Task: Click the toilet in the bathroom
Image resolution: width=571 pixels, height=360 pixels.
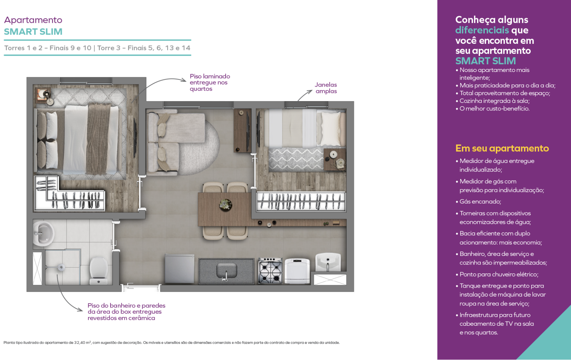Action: (x=99, y=271)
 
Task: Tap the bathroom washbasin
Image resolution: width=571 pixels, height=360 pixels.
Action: (x=43, y=233)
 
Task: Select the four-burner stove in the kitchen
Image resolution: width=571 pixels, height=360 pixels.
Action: (x=270, y=271)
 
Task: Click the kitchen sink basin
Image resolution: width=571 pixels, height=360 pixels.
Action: (x=226, y=270)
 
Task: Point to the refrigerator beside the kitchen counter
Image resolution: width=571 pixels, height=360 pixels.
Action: (x=179, y=268)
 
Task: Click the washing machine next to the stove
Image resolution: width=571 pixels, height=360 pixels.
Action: (x=297, y=271)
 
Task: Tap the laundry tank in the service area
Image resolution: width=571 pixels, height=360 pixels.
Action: (x=328, y=262)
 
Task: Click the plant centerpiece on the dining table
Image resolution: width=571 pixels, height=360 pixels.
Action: (x=226, y=205)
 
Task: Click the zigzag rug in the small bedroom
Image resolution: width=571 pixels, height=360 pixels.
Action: (x=296, y=160)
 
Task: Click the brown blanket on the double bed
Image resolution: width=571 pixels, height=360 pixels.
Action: (x=99, y=139)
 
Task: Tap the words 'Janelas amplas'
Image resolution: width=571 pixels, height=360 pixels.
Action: (x=326, y=88)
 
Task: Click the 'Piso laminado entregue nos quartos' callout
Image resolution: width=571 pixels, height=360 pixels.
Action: (x=210, y=83)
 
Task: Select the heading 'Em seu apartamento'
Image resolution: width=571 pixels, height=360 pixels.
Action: (x=502, y=148)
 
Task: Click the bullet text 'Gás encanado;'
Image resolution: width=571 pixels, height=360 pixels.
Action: (x=480, y=202)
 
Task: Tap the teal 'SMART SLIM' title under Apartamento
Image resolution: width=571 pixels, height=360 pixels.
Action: (x=33, y=32)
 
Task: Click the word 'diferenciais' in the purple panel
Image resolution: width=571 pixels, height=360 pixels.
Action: (x=482, y=30)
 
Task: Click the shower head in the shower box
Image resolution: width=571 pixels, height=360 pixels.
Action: (x=61, y=267)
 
